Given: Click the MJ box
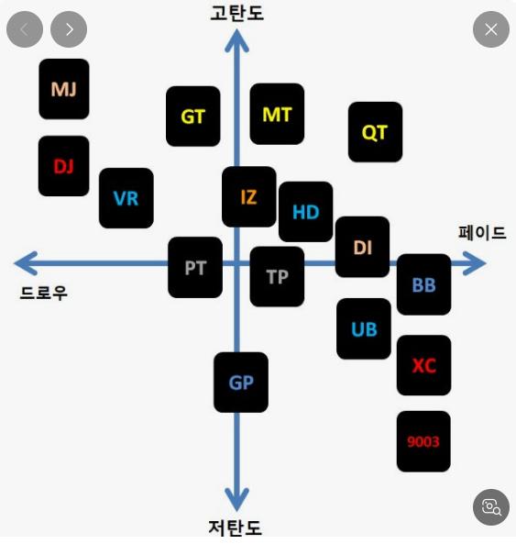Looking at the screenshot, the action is pyautogui.click(x=64, y=89).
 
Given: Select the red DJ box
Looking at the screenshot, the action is pyautogui.click(x=64, y=166).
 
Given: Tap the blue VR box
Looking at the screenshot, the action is pyautogui.click(x=126, y=198).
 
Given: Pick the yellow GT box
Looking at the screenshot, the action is pyautogui.click(x=193, y=117).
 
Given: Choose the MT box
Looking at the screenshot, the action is pyautogui.click(x=277, y=114).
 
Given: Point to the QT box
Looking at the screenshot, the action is pyautogui.click(x=375, y=132).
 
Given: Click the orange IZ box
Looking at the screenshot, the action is pyautogui.click(x=249, y=196).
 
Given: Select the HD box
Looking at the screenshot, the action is pyautogui.click(x=305, y=212).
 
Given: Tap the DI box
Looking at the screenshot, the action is pyautogui.click(x=362, y=247).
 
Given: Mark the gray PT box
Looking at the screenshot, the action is pyautogui.click(x=195, y=268).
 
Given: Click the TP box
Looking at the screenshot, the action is pyautogui.click(x=277, y=277).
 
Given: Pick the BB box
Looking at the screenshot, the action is pyautogui.click(x=423, y=284).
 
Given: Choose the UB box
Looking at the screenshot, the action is pyautogui.click(x=364, y=329).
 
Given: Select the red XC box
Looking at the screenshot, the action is pyautogui.click(x=423, y=365).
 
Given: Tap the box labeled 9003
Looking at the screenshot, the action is pyautogui.click(x=423, y=441).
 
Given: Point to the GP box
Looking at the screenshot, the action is pyautogui.click(x=241, y=383).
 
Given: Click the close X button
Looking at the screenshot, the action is pyautogui.click(x=491, y=29).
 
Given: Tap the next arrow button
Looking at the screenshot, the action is pyautogui.click(x=69, y=29).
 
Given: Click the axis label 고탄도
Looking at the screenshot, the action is pyautogui.click(x=237, y=13).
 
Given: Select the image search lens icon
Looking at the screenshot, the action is pyautogui.click(x=491, y=507).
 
